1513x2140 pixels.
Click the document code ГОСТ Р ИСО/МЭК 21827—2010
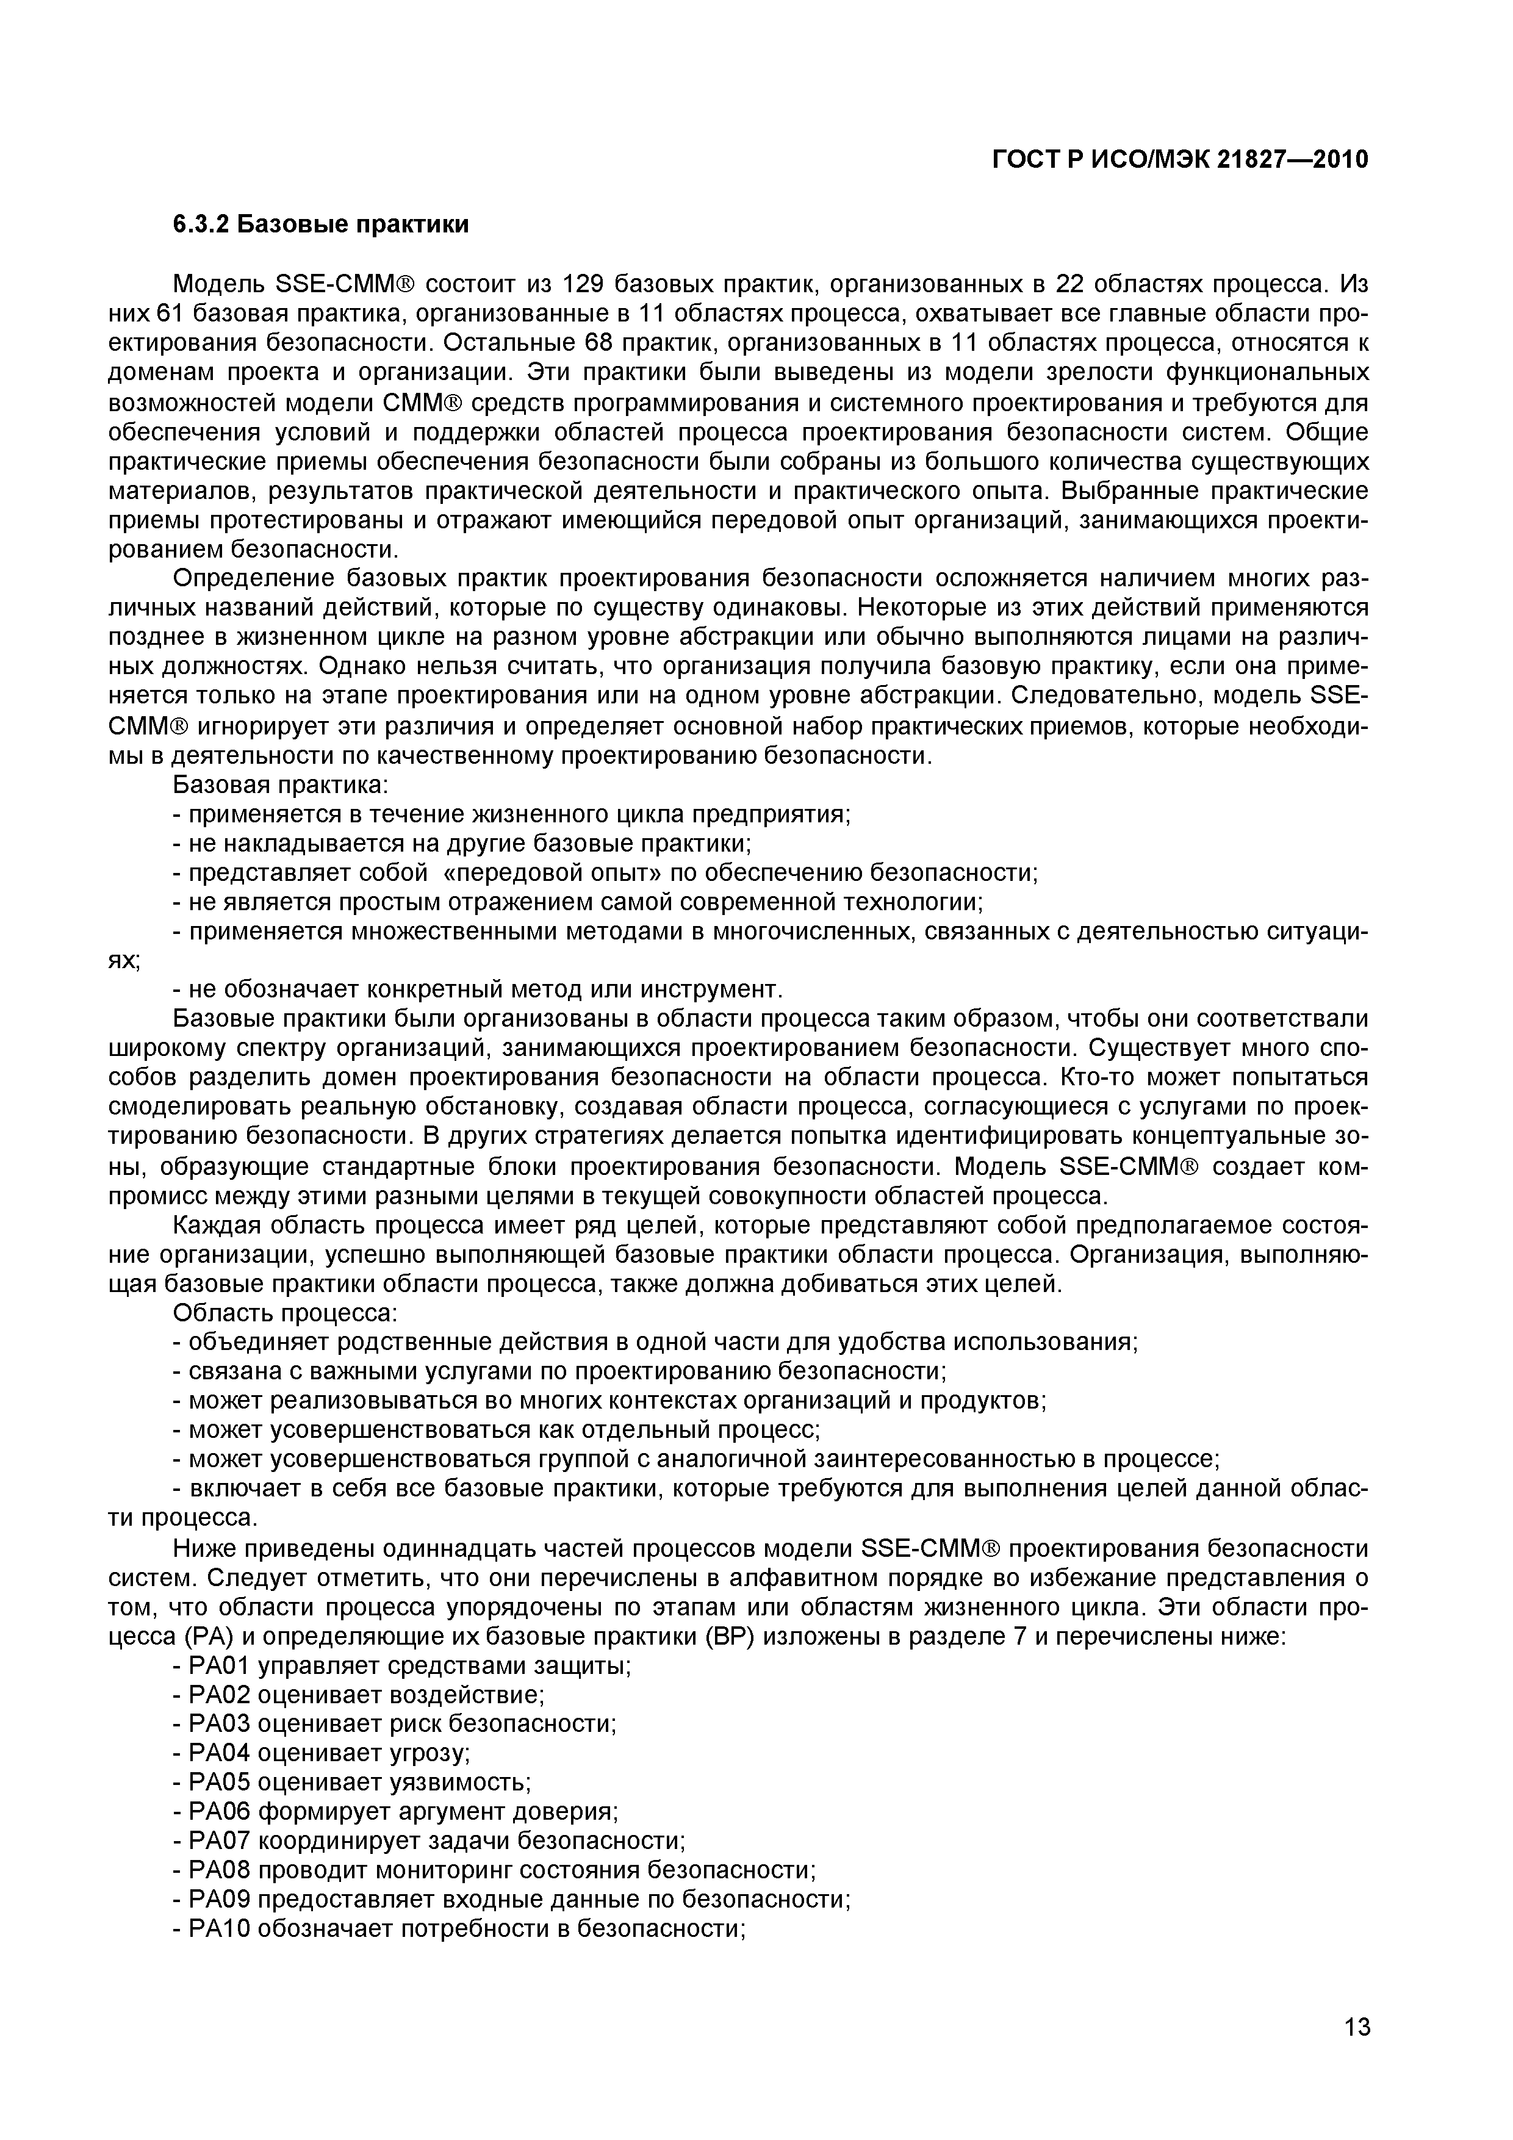coord(1179,160)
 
